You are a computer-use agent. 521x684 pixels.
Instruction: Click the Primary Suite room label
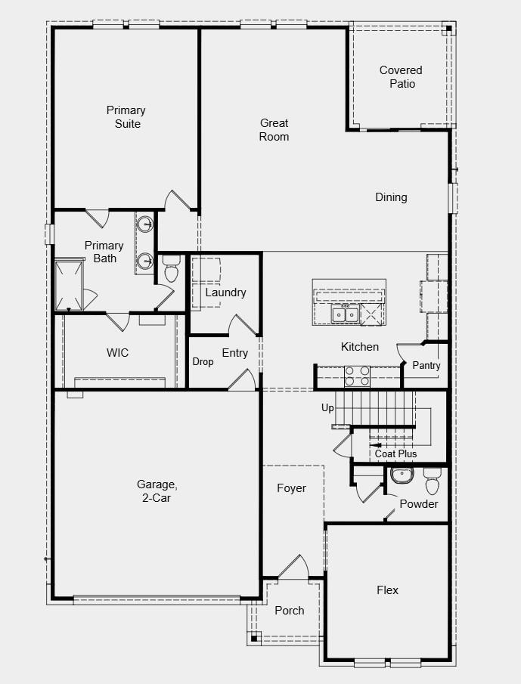(126, 117)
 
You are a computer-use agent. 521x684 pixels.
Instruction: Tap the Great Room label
(274, 129)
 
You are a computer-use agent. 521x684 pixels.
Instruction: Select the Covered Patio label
(401, 77)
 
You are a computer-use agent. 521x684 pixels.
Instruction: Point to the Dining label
(391, 197)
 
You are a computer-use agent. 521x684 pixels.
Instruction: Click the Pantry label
(426, 365)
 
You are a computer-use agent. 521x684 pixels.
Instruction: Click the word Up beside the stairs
(327, 408)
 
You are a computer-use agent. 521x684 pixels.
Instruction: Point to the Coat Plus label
(395, 453)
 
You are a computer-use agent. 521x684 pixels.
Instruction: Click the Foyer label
(291, 488)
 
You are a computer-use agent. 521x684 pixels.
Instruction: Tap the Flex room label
(387, 590)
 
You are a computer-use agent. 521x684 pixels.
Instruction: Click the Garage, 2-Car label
(157, 491)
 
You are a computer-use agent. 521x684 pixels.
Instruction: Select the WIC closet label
(117, 352)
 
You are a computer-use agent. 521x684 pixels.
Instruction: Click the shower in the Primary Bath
(69, 285)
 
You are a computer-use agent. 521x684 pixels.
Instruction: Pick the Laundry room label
(225, 292)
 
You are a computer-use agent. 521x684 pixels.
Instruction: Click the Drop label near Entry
(203, 362)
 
